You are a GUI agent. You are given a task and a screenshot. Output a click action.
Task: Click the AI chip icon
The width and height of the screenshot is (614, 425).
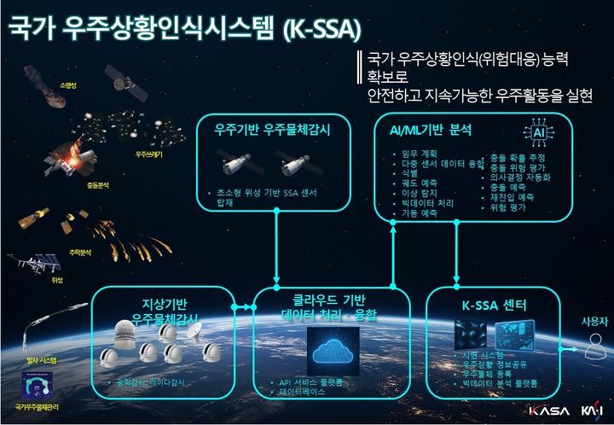coord(537,134)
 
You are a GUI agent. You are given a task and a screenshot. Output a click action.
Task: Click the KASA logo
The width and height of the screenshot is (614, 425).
coord(549,410)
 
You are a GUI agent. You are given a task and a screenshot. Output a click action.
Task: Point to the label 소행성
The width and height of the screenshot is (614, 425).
coord(69,85)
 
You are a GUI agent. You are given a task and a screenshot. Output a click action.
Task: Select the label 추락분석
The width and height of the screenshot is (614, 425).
coord(79,252)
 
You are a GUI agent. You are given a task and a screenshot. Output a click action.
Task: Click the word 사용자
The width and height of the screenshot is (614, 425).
coord(587,321)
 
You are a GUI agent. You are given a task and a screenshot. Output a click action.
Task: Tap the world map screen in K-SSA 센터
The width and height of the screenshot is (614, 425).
coord(518,332)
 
